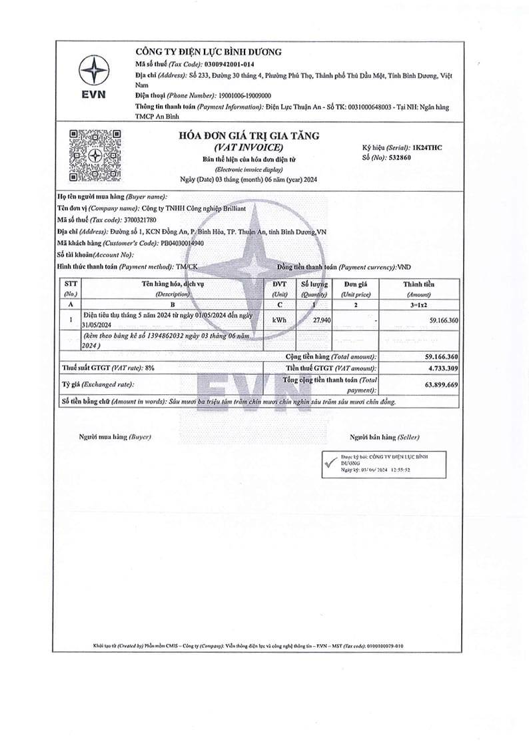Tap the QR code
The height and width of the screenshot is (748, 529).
point(95,156)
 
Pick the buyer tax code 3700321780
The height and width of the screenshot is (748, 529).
point(141,219)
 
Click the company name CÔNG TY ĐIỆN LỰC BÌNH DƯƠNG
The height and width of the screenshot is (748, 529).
point(209,52)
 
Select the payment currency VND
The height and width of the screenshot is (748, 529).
point(404,266)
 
